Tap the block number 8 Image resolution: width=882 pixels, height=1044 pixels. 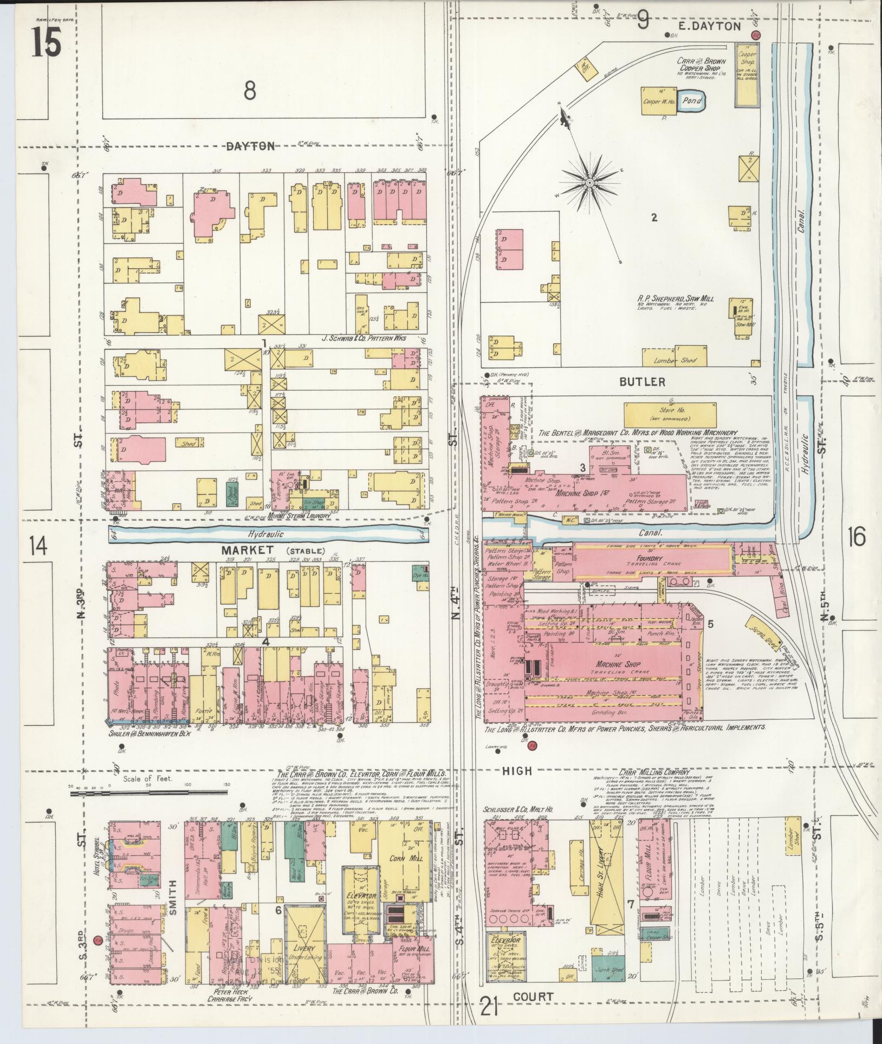pos(249,90)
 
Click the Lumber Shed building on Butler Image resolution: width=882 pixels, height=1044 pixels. pos(675,359)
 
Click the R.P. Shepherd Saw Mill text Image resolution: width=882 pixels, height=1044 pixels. pos(676,299)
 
